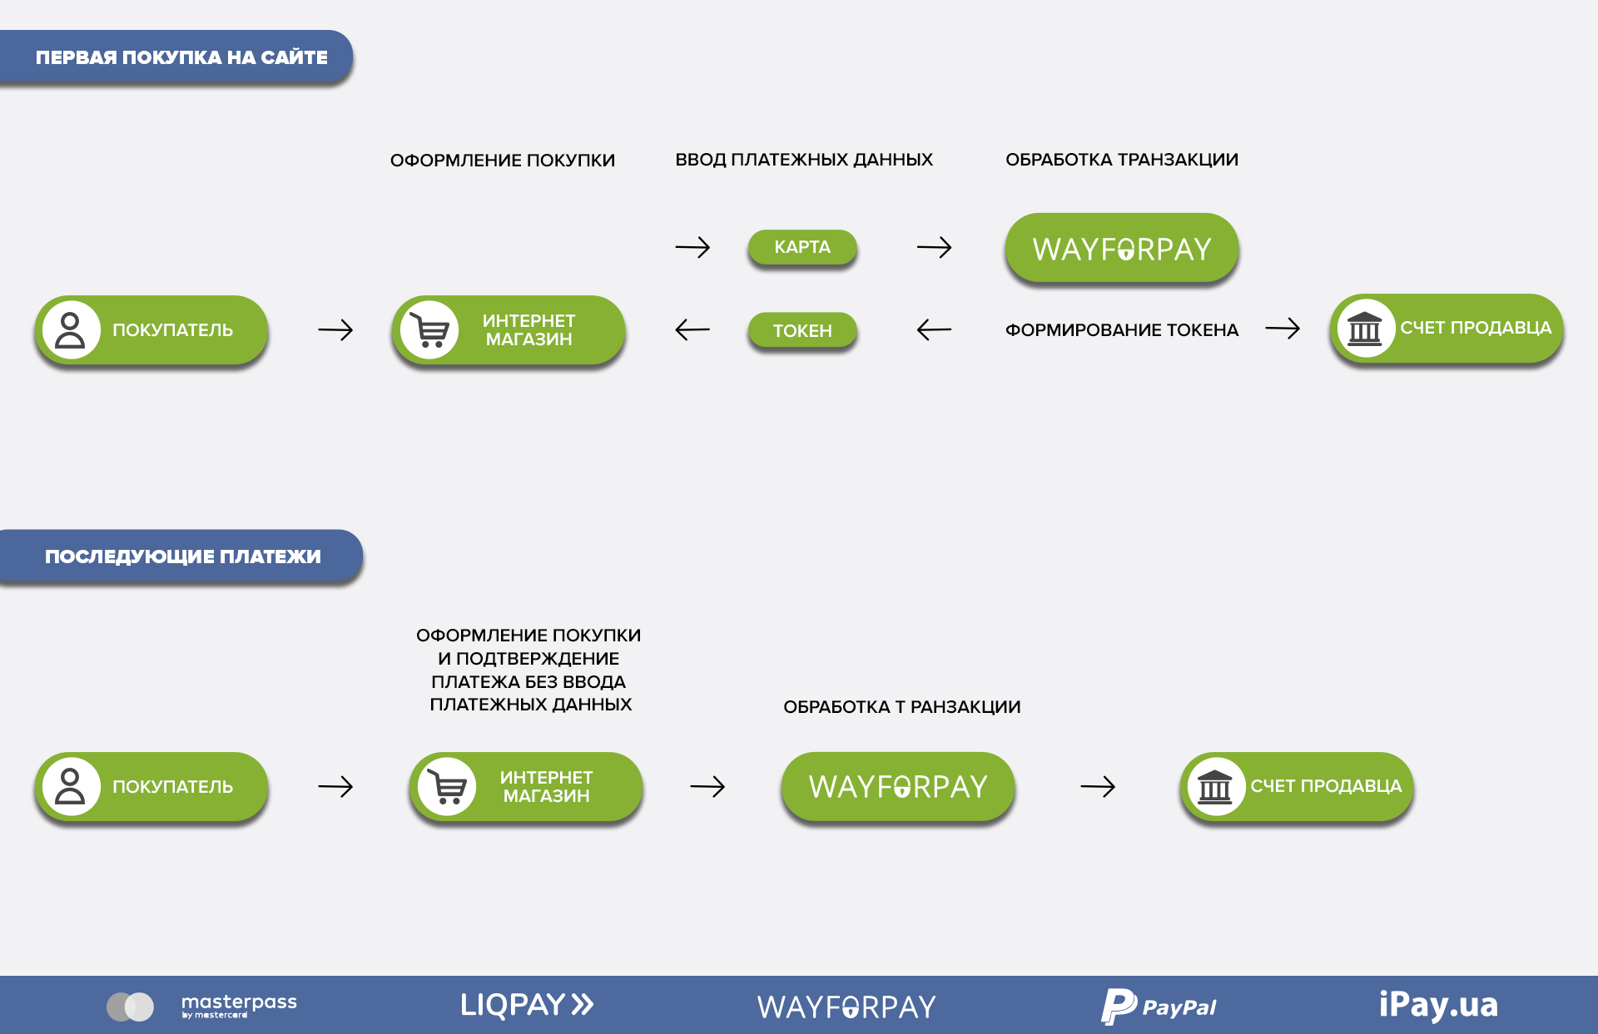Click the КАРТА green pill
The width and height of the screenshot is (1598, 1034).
pos(802,247)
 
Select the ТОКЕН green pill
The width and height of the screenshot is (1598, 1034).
pos(802,330)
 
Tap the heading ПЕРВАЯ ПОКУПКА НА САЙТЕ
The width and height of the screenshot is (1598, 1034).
pos(181,57)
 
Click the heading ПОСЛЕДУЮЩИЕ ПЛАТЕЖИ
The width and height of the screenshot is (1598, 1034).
pos(182,557)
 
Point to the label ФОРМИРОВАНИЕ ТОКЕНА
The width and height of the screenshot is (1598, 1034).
pos(1121,330)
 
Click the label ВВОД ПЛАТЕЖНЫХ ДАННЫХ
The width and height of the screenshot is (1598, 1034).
pos(803,160)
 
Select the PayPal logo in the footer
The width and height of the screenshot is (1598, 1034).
pos(1159,1006)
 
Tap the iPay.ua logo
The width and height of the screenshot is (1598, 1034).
pos(1437,1005)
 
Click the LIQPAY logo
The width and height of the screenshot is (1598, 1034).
pos(527,1005)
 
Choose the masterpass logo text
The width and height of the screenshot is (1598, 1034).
pos(239,1004)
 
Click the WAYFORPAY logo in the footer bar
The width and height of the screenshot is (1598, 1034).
pos(846,1007)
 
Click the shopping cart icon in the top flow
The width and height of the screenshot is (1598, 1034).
pos(430,330)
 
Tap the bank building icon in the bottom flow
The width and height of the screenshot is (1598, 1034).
pos(1215,786)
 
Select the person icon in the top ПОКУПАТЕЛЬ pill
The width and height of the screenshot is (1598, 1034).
pos(71,330)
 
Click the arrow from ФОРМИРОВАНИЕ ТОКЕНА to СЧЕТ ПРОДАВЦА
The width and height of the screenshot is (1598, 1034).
pos(1283,329)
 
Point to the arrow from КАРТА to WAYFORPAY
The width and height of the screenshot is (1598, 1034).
pos(934,247)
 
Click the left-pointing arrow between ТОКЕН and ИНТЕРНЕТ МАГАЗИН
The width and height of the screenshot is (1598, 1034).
pos(692,330)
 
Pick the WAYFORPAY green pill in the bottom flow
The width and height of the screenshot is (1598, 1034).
pos(897,786)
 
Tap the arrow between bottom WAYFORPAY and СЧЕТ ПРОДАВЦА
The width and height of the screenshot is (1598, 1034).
pos(1097,786)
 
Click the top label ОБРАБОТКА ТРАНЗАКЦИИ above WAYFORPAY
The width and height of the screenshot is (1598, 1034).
pos(1121,160)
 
